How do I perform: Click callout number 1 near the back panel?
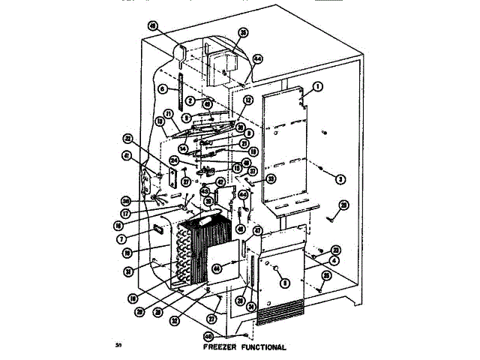318,87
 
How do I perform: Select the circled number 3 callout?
340,178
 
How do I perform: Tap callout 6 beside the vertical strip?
162,89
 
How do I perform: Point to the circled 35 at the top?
242,32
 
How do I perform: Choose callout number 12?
249,100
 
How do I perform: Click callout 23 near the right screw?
336,249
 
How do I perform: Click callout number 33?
271,178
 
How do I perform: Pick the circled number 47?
256,231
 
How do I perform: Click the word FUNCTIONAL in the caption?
262,348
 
